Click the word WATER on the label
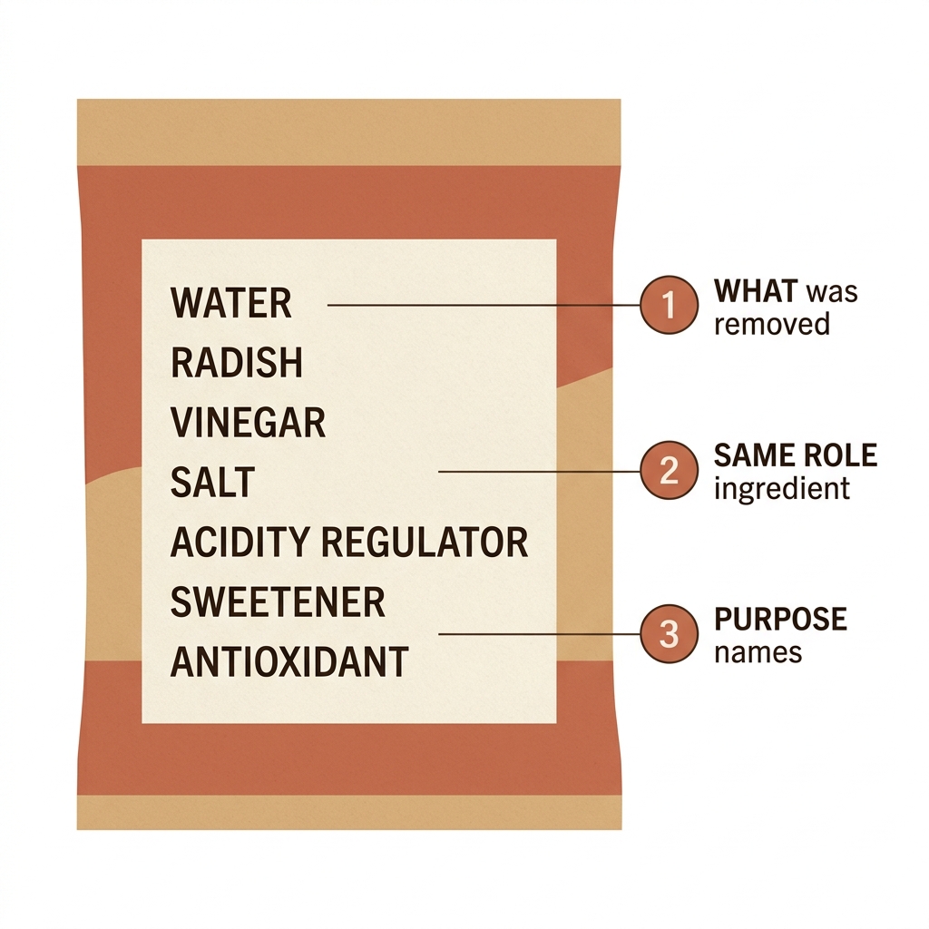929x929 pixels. click(x=230, y=303)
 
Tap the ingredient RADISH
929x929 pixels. click(x=237, y=363)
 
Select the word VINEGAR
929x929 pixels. click(x=248, y=423)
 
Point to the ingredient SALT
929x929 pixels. click(x=212, y=483)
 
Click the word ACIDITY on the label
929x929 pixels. click(x=240, y=543)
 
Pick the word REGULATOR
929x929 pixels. click(x=425, y=543)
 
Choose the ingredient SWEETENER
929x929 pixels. click(x=278, y=602)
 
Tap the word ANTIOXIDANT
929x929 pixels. click(x=289, y=661)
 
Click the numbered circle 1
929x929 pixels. click(x=669, y=305)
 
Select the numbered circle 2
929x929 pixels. click(x=669, y=470)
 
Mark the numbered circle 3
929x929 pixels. click(x=669, y=633)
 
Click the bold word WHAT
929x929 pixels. click(x=756, y=291)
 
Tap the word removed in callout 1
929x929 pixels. click(x=771, y=324)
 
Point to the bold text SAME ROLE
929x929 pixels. click(x=795, y=455)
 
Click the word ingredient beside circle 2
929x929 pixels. click(x=781, y=489)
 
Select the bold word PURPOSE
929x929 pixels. click(x=780, y=619)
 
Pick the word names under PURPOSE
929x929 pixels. click(x=758, y=653)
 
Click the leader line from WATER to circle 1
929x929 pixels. click(x=484, y=305)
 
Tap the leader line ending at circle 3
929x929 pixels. click(x=539, y=634)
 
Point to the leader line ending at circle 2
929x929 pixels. click(x=539, y=472)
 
